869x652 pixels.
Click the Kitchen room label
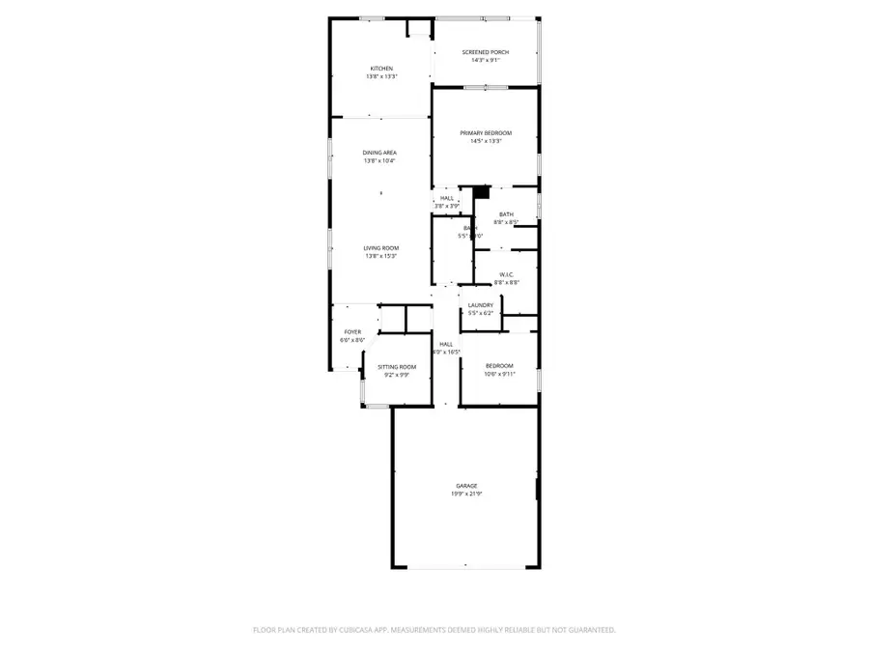click(381, 69)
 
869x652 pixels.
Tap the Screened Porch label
click(485, 52)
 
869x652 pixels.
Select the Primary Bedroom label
click(485, 133)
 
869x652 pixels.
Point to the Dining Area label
click(379, 153)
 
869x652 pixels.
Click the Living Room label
click(381, 248)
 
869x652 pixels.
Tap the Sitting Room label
click(396, 367)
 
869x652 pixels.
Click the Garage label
click(467, 486)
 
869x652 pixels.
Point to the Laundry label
click(481, 305)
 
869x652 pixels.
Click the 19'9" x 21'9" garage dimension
click(467, 494)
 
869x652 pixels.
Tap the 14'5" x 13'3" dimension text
click(485, 141)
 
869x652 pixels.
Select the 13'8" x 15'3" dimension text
click(381, 256)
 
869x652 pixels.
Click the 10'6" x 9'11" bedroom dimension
click(499, 374)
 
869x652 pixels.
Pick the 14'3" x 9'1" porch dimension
click(485, 60)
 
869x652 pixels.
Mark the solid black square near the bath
click(482, 192)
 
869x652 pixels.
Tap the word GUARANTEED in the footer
click(587, 630)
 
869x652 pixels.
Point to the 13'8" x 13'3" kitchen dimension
click(381, 76)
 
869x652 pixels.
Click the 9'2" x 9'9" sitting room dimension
click(396, 375)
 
